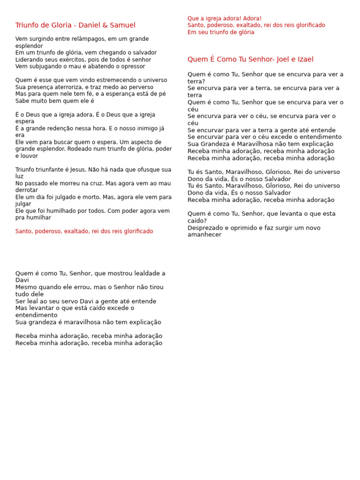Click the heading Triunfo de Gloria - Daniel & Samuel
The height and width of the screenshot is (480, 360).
click(x=75, y=25)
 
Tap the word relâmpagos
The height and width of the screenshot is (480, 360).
click(x=89, y=39)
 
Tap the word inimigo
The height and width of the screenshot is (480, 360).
click(x=145, y=128)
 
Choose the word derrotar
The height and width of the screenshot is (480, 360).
click(x=27, y=190)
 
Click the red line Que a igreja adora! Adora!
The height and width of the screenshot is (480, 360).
click(x=225, y=18)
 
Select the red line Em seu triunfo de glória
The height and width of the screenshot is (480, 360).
click(x=221, y=32)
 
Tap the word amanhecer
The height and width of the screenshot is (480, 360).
click(x=204, y=235)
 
